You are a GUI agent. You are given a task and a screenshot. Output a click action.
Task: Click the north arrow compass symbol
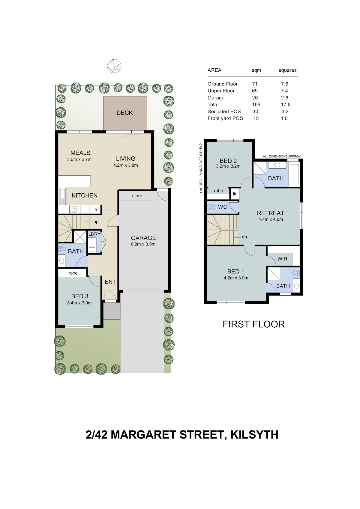coord(114,66)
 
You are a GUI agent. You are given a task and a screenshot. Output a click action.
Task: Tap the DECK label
coord(124,113)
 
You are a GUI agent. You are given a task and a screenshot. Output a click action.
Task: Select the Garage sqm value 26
coord(255,98)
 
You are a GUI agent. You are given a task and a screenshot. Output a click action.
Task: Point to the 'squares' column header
coord(287,70)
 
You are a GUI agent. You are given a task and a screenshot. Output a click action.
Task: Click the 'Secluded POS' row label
coord(224,112)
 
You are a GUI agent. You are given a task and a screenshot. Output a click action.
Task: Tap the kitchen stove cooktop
coord(74,209)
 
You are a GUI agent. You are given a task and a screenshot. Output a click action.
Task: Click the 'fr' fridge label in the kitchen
coord(96,210)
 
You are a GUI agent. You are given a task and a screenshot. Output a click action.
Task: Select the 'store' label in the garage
coord(137,196)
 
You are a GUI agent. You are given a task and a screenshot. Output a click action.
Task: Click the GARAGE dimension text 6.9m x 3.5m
coord(143,244)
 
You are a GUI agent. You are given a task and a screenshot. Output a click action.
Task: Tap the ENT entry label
coord(110,282)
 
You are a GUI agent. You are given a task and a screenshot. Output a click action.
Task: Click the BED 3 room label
coord(79,296)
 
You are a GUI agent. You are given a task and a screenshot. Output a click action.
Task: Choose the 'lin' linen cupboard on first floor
coord(235,194)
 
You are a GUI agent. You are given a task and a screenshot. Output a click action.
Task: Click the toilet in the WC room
coord(211,207)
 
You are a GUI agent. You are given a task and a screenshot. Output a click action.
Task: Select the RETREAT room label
coord(270,213)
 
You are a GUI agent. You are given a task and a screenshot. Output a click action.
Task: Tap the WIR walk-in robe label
coord(282,259)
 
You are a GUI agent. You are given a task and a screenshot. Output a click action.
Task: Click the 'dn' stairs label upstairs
coord(244,237)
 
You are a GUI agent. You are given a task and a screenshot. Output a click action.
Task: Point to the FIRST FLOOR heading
coord(253,324)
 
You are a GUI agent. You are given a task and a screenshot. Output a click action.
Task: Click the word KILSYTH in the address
coord(254,435)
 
